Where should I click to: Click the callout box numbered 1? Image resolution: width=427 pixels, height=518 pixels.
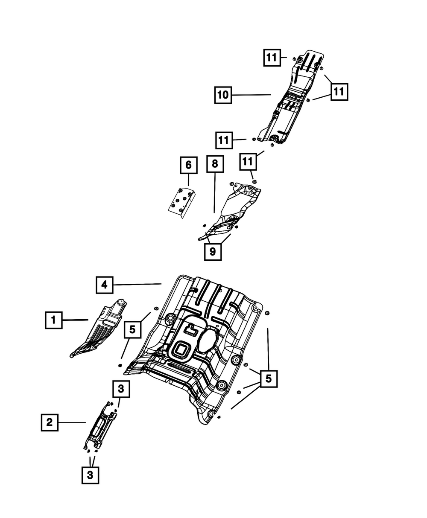(53, 319)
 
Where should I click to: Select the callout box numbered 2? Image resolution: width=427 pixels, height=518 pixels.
(50, 422)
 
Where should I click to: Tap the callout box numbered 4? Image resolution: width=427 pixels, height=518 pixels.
(104, 285)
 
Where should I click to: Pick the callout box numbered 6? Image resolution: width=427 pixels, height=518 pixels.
(189, 165)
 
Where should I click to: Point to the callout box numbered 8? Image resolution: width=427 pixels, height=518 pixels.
(214, 164)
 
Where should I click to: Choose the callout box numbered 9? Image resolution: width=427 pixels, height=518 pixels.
(213, 252)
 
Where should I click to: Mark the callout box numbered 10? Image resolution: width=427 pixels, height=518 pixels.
(222, 95)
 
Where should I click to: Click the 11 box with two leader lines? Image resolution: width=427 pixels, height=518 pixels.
(339, 91)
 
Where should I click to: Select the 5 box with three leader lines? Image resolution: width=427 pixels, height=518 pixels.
(269, 378)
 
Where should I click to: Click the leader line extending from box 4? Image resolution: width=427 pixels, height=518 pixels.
(137, 284)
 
